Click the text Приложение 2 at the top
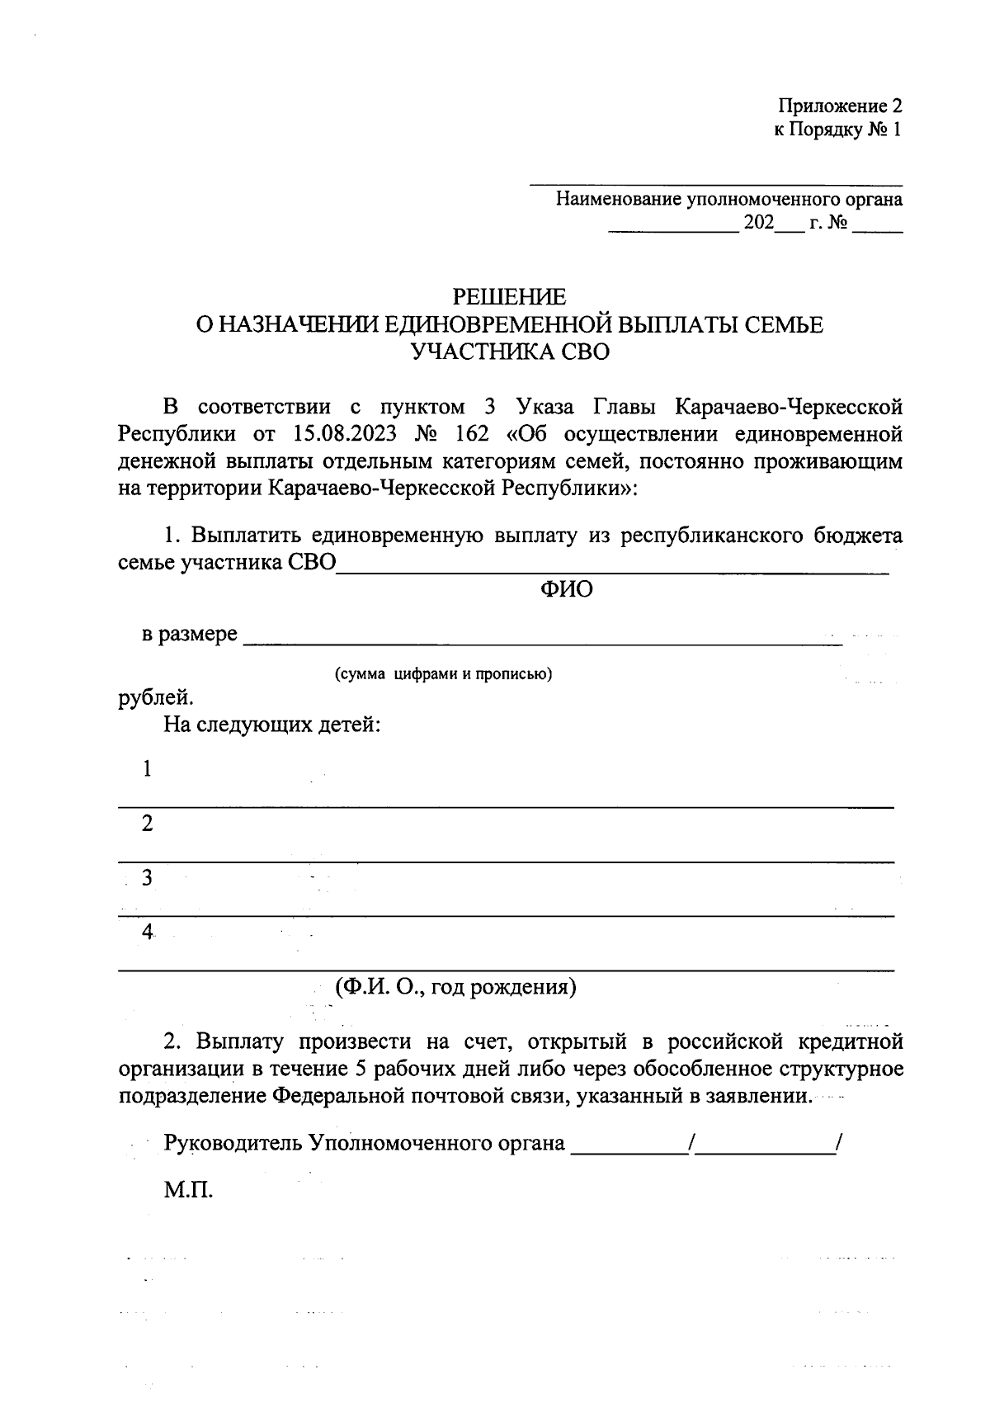[x=840, y=106]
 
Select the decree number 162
[x=471, y=434]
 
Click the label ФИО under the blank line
[x=566, y=590]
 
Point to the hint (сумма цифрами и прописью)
[x=443, y=674]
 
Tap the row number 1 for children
[x=147, y=769]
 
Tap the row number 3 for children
[x=147, y=878]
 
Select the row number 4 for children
[x=147, y=933]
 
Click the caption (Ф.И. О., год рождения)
[x=455, y=987]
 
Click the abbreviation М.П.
[x=188, y=1191]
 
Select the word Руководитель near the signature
[x=233, y=1144]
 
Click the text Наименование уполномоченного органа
[x=728, y=199]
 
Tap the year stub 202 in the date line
[x=758, y=223]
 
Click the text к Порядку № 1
[x=837, y=130]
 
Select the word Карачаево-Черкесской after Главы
[x=788, y=407]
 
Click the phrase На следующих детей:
[x=271, y=725]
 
